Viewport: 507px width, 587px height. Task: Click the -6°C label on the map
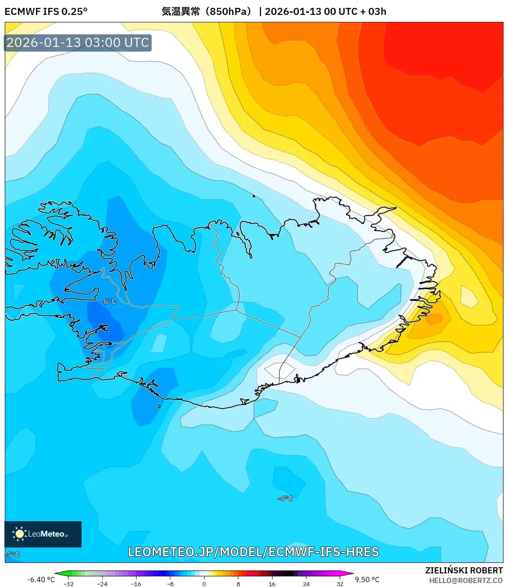pyautogui.click(x=108, y=301)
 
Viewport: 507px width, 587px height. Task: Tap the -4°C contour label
pyautogui.click(x=285, y=498)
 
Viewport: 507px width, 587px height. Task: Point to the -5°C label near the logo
pyautogui.click(x=13, y=555)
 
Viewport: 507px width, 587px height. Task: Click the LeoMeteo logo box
pyautogui.click(x=43, y=534)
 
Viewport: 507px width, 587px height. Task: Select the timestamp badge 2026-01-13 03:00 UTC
pyautogui.click(x=78, y=43)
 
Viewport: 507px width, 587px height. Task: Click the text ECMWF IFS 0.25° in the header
pyautogui.click(x=46, y=11)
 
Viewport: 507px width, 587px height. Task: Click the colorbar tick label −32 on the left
pyautogui.click(x=68, y=584)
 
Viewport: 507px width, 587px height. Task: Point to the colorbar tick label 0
pyautogui.click(x=204, y=584)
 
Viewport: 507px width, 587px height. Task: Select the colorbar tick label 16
pyautogui.click(x=272, y=584)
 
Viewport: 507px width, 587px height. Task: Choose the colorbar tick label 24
pyautogui.click(x=306, y=584)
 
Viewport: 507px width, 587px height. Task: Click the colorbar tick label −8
pyautogui.click(x=170, y=584)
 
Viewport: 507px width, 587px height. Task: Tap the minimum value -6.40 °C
pyautogui.click(x=41, y=580)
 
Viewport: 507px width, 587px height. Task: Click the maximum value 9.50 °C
pyautogui.click(x=367, y=580)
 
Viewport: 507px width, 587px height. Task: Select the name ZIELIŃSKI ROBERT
pyautogui.click(x=464, y=570)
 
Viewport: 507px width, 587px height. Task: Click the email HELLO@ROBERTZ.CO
pyautogui.click(x=466, y=580)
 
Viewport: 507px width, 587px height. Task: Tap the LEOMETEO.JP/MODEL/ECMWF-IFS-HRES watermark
pyautogui.click(x=253, y=552)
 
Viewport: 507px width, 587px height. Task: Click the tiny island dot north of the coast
pyautogui.click(x=254, y=196)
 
